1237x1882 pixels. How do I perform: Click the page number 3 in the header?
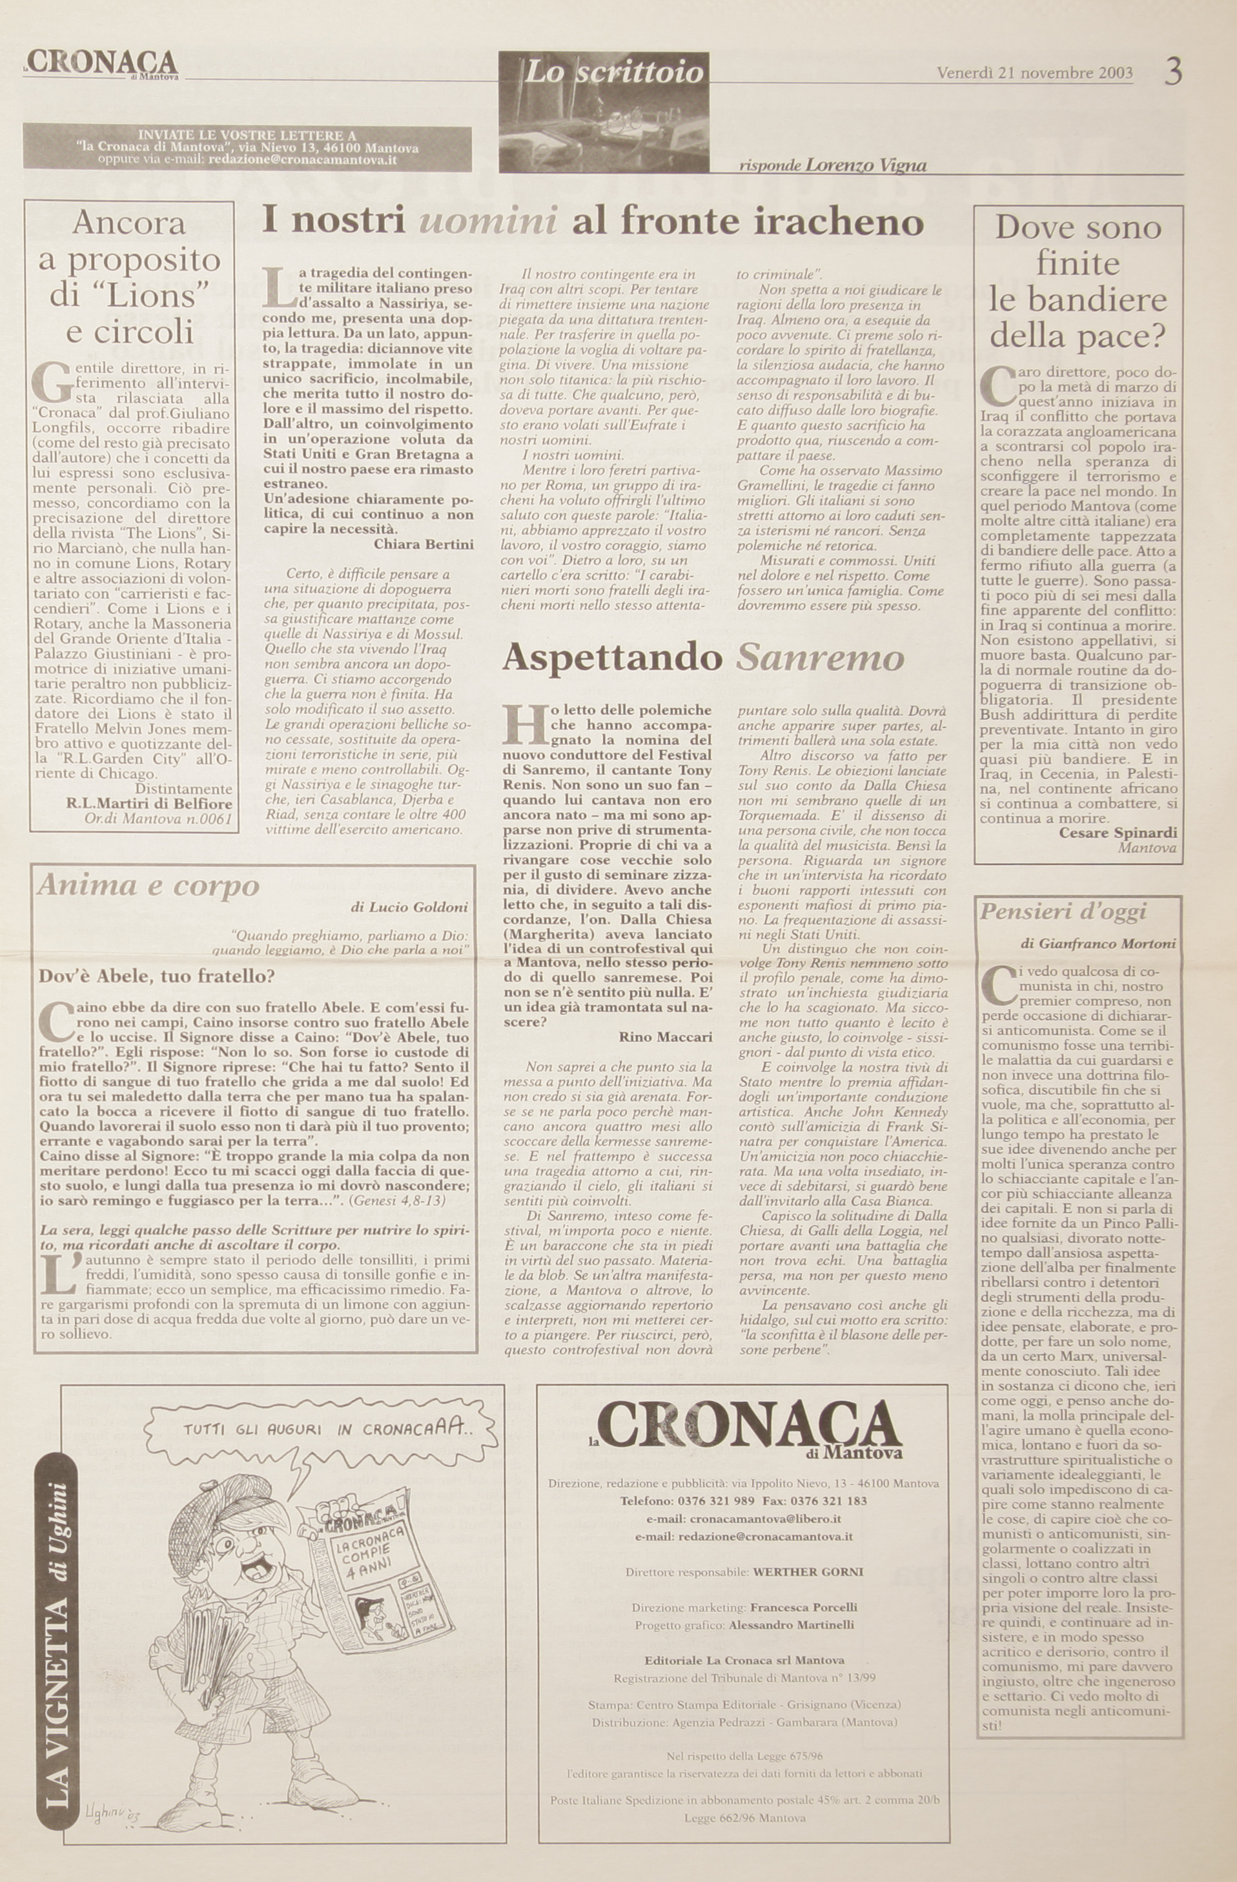point(1174,73)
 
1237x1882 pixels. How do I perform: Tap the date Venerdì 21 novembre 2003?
point(1034,74)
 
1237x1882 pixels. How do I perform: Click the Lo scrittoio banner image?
point(604,110)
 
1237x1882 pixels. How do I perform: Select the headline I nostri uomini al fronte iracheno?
point(593,222)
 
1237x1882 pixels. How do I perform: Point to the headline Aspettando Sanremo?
point(702,658)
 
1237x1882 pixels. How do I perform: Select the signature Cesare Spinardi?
point(1118,833)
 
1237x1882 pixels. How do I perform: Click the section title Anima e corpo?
point(148,885)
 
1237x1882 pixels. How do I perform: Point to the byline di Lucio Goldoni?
point(409,907)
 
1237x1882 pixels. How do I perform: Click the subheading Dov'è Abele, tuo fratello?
point(157,976)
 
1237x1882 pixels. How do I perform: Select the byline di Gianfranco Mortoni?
point(1098,943)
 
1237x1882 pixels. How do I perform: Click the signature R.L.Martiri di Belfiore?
point(150,805)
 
